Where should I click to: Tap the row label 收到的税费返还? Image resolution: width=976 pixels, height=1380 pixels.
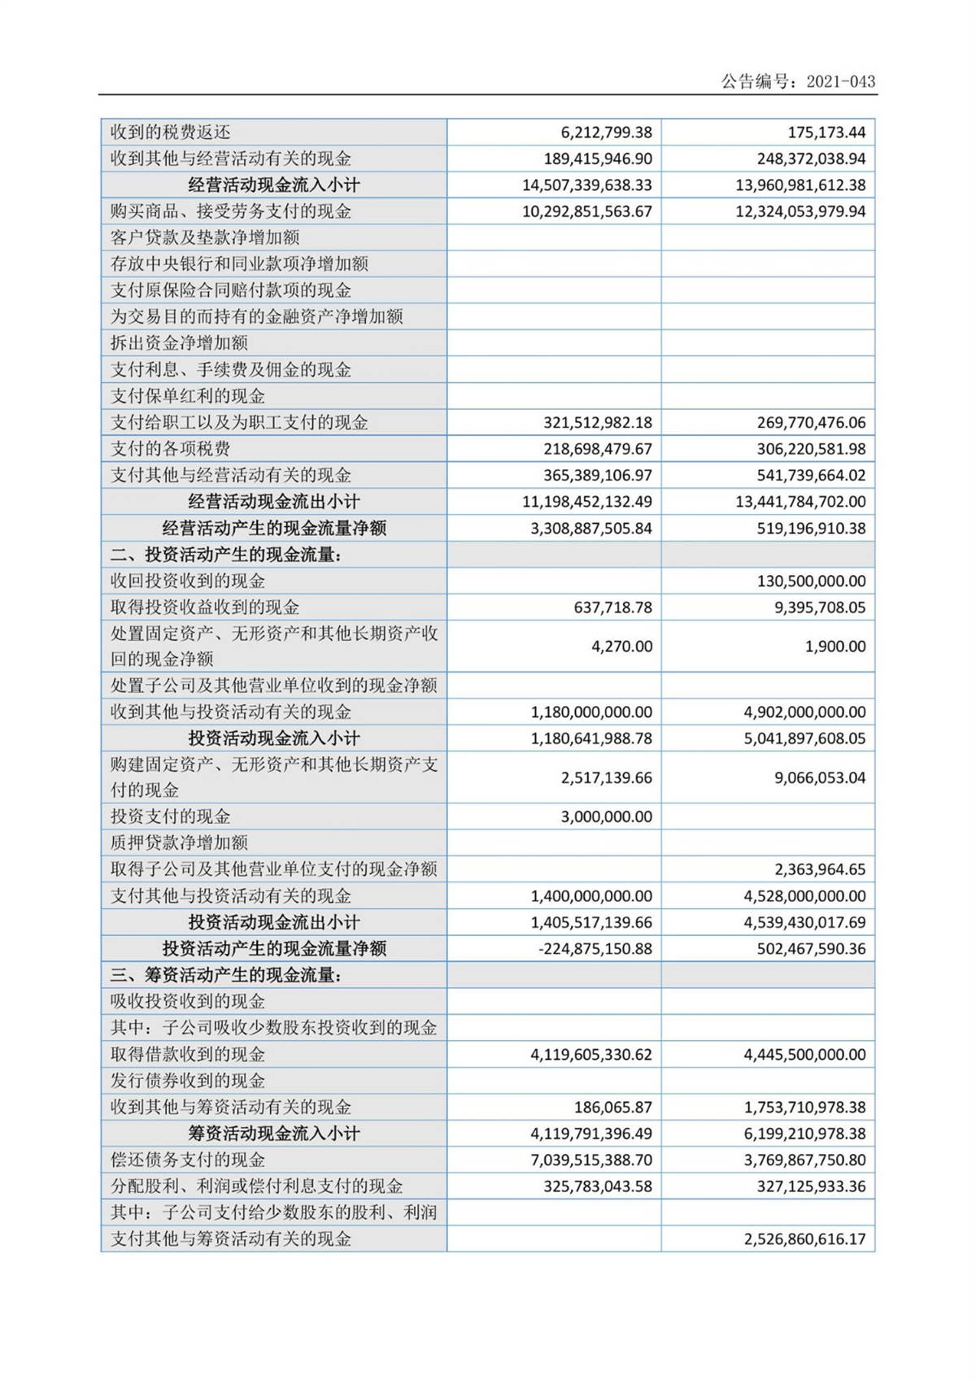click(170, 133)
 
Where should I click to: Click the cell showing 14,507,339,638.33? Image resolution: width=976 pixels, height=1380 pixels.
click(586, 185)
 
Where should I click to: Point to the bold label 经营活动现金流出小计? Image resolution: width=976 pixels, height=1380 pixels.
click(273, 502)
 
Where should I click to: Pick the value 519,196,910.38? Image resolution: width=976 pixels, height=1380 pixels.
click(811, 529)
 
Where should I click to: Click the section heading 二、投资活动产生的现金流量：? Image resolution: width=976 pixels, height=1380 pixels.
click(227, 555)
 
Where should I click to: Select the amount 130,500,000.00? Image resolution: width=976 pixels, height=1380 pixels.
click(811, 581)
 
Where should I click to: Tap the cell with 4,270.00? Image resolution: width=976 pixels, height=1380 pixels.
click(621, 646)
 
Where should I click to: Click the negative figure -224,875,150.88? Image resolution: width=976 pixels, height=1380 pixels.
click(595, 949)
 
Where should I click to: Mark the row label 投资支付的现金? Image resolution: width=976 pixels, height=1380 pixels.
click(170, 816)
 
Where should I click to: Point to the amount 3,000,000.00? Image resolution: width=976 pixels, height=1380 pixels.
click(606, 816)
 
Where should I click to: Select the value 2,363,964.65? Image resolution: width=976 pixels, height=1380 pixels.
click(820, 869)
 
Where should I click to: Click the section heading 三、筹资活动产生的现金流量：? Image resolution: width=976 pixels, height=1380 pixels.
click(227, 975)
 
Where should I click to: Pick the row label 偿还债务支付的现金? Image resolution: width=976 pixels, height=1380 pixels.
click(188, 1160)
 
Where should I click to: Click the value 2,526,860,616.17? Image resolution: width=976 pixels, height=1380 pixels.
click(804, 1239)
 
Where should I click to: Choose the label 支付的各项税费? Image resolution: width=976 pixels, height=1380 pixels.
click(170, 449)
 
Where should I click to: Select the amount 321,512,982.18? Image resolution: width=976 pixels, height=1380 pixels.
click(597, 423)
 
